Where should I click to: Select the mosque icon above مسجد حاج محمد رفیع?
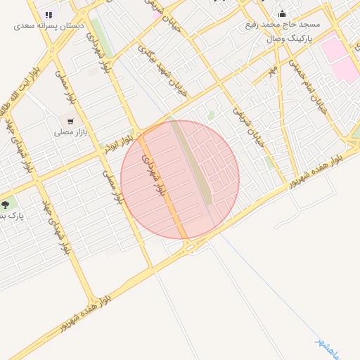[x=282, y=13]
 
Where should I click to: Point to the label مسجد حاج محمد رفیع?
[x=282, y=24]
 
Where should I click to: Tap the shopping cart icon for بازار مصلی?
[x=70, y=121]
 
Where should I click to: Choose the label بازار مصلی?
[x=70, y=131]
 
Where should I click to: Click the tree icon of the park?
[x=6, y=205]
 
